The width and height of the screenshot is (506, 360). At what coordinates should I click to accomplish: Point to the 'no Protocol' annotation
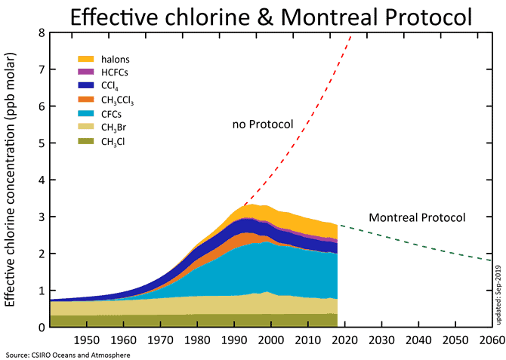262,124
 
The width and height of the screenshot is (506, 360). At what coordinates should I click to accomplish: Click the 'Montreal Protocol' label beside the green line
417,217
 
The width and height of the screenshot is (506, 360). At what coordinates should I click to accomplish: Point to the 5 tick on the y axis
41,143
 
